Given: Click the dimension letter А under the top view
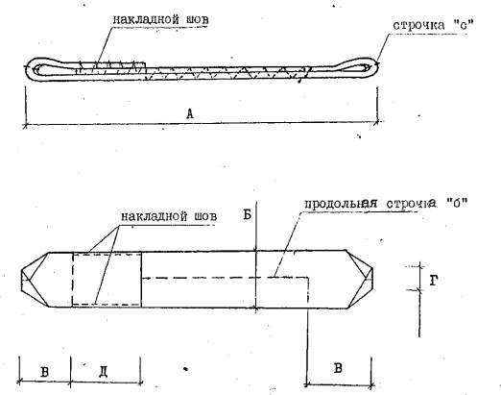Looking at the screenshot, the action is point(190,113).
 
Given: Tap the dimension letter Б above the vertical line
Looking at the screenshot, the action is point(247,214).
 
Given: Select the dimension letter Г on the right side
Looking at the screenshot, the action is point(433,281).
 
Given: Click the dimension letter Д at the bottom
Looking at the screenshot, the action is point(103,372).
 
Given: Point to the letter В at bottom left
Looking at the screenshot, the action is point(45,372).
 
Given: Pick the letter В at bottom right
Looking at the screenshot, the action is point(338,368).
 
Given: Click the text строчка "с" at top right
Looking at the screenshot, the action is point(433,25).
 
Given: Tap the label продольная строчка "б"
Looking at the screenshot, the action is point(386,204).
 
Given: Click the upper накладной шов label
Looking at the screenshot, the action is point(160,19).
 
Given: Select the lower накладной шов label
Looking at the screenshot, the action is point(169,216).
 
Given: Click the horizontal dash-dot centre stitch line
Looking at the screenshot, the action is point(225,278).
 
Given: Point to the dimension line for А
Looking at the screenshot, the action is point(201,123).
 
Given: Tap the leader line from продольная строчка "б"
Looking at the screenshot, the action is point(288,244).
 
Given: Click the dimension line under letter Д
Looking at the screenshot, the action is point(107,382).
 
